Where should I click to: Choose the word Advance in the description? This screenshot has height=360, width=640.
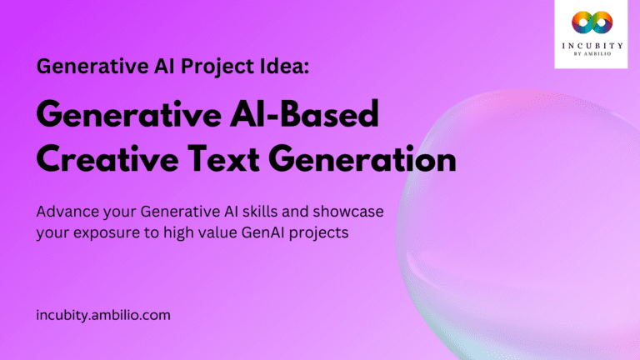coord(67,212)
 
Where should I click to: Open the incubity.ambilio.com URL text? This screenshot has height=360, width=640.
coord(103,316)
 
